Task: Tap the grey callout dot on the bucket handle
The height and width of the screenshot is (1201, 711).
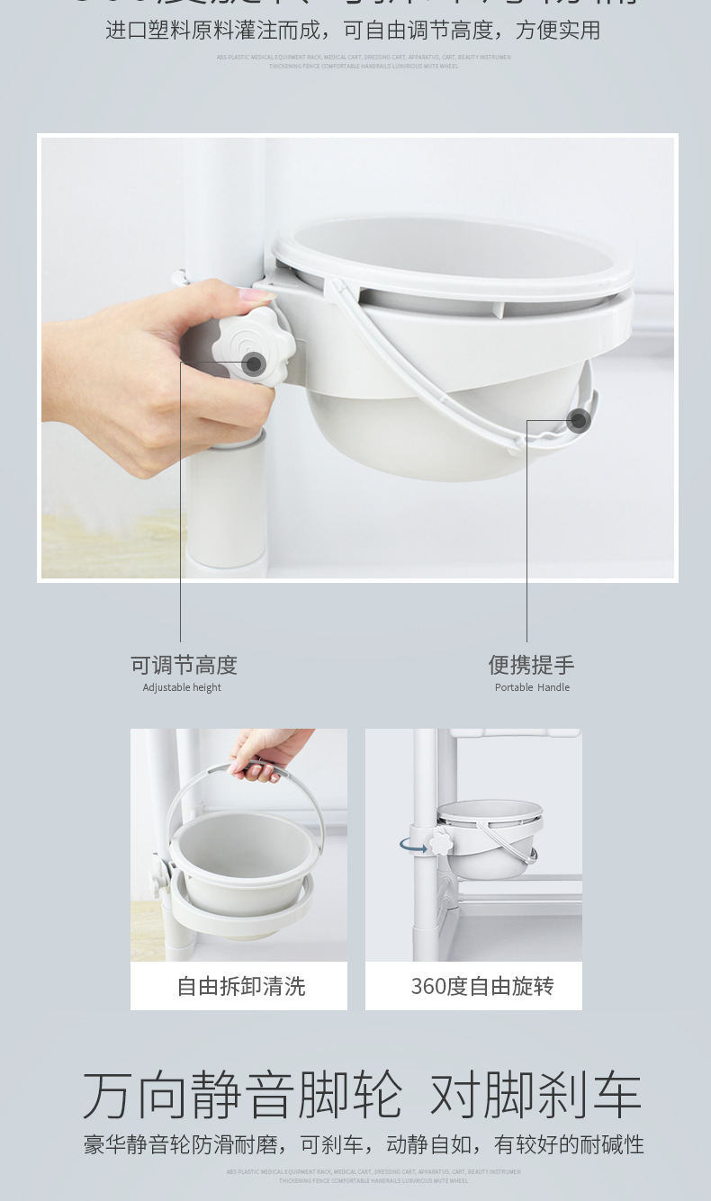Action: (x=578, y=420)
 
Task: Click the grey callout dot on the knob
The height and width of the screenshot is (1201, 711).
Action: (x=254, y=363)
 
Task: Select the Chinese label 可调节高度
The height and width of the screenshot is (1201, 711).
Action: (x=184, y=665)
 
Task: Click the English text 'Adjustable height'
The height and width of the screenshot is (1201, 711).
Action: (x=182, y=687)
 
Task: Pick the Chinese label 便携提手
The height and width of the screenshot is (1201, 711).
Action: (x=531, y=665)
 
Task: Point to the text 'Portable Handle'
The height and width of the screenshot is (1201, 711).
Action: (x=532, y=687)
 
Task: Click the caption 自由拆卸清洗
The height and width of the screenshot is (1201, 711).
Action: (x=240, y=986)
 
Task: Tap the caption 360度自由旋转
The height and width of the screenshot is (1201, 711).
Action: (x=481, y=986)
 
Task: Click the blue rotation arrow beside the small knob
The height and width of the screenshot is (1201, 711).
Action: (x=414, y=846)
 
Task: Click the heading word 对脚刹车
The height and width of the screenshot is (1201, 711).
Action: (x=535, y=1095)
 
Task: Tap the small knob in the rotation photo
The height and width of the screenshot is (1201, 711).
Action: (x=441, y=843)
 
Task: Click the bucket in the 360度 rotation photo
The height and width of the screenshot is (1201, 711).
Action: (x=490, y=841)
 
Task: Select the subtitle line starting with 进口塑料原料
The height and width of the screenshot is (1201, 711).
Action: (x=353, y=31)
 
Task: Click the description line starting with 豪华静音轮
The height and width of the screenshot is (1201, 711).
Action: (x=364, y=1144)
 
